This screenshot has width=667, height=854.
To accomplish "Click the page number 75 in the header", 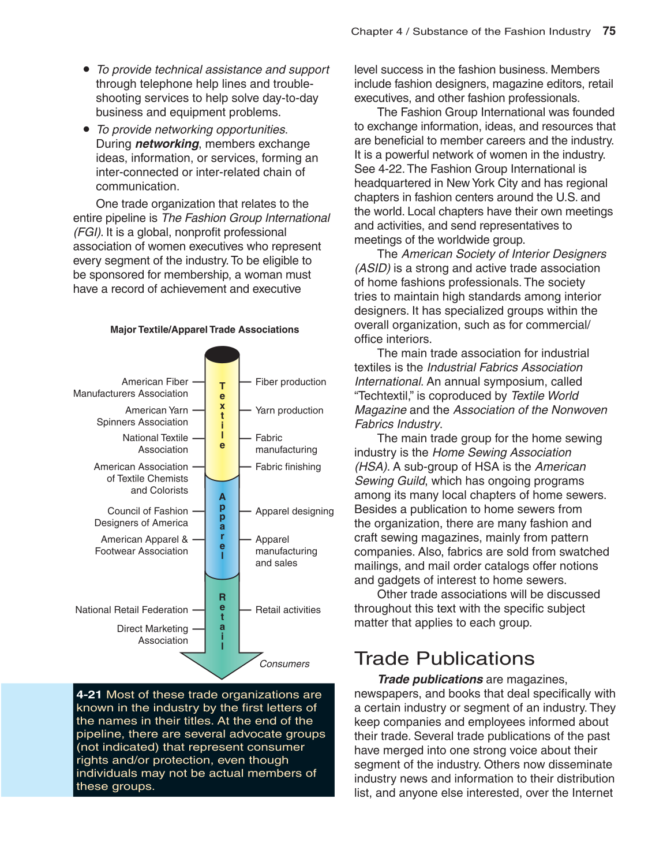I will coord(609,31).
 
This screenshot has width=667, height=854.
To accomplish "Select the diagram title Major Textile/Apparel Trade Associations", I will coord(204,330).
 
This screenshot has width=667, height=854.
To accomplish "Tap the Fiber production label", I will coord(290,382).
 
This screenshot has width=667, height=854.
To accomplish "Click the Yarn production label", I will coord(289,411).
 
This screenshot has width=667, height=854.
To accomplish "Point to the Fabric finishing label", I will coord(288,467).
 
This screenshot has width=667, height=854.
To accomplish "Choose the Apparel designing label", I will coord(294,511).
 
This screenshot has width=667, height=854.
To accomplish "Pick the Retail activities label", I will coord(288,610).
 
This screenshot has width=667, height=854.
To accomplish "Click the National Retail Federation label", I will coord(132,610).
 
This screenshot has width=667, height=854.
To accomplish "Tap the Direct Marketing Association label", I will coord(152,635).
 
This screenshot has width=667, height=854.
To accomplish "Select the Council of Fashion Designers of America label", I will coord(142,517).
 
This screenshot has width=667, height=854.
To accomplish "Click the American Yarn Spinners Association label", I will coord(143,416).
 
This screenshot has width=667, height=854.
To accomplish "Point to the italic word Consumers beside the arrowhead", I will coord(284,664).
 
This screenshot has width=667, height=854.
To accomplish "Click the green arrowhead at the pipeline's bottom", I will coord(222,664).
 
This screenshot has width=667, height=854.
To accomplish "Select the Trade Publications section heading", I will coord(444,659).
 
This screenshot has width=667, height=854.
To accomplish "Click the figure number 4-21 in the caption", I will coord(89,695).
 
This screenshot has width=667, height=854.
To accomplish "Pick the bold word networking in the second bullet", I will coord(167,144).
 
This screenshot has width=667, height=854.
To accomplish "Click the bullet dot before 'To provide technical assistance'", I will coord(87,69).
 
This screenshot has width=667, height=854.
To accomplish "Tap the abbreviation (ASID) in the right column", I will coord(372,268).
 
